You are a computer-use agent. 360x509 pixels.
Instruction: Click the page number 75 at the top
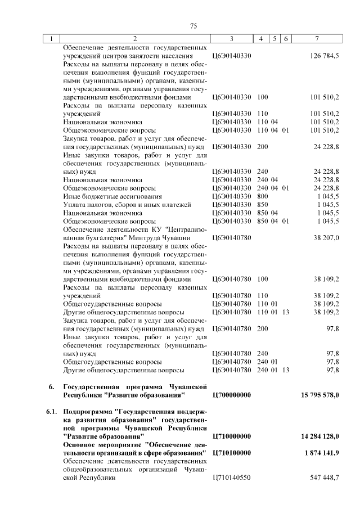(x=193, y=26)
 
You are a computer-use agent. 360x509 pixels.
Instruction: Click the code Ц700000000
(x=232, y=395)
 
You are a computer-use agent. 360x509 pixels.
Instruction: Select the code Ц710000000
(x=232, y=436)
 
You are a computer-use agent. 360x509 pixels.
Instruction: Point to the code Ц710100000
(x=232, y=453)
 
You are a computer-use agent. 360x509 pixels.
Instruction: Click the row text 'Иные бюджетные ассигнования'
(x=112, y=196)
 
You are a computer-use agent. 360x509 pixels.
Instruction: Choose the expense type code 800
(x=262, y=196)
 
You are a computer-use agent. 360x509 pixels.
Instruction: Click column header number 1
(x=51, y=39)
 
